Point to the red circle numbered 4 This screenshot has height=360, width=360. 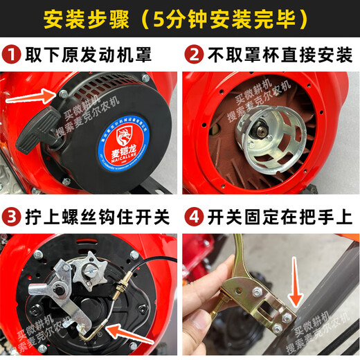(x=194, y=217)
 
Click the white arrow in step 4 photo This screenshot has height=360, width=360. (x=295, y=285)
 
